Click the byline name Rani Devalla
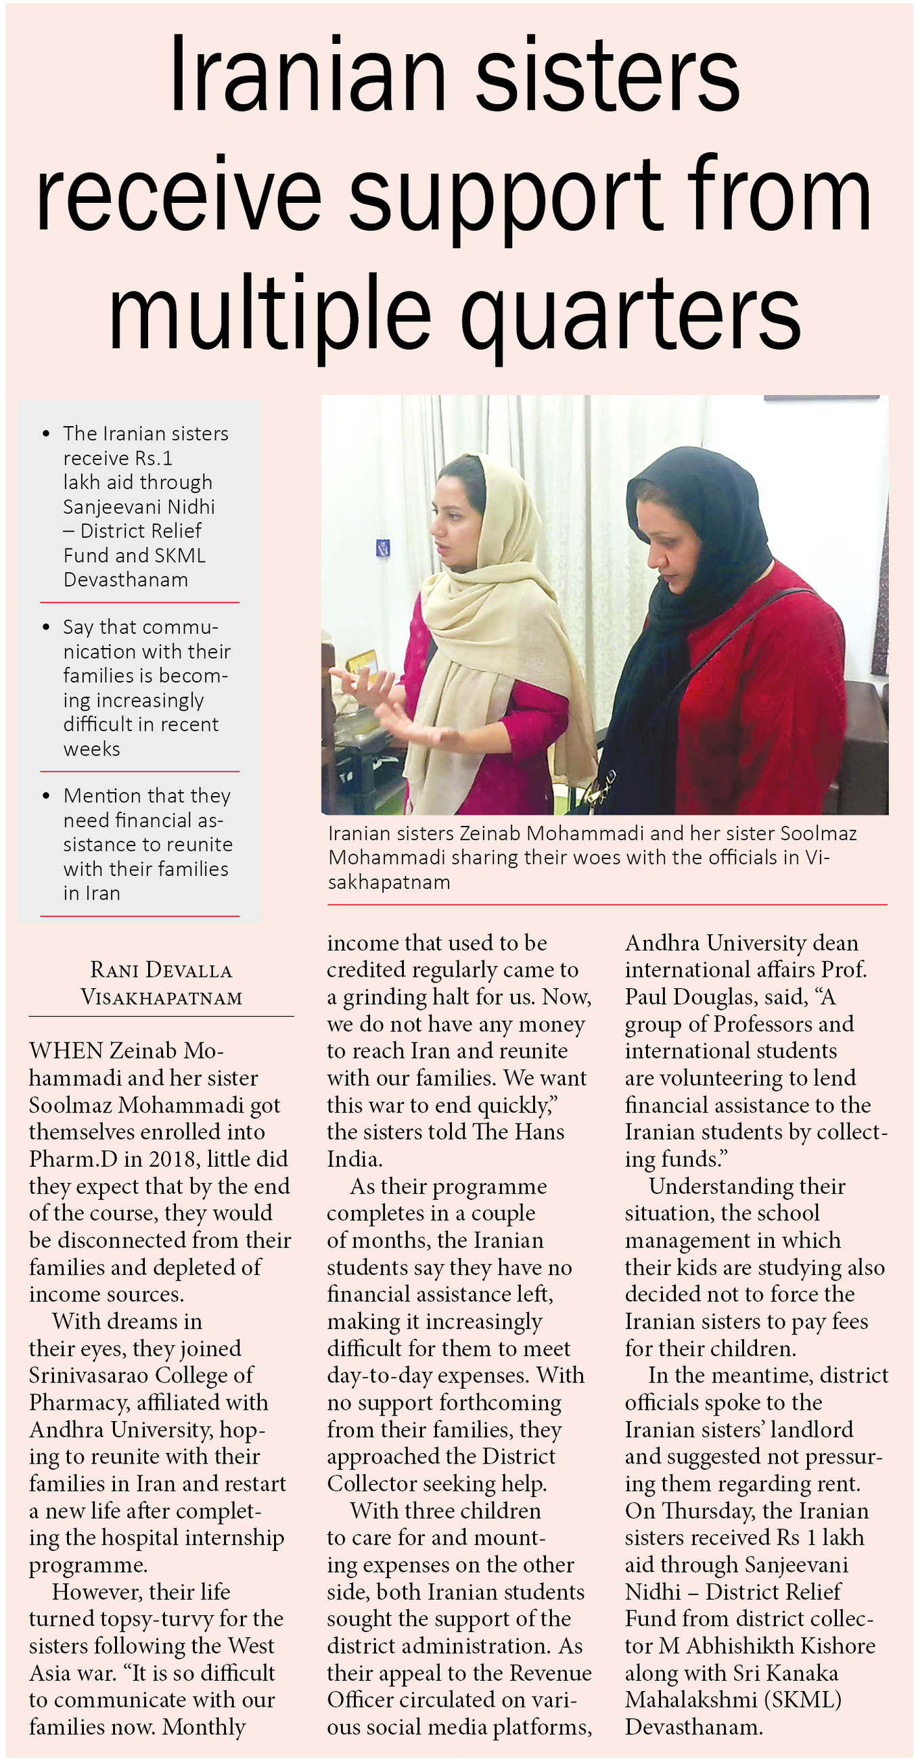(161, 969)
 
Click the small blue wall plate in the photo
(383, 547)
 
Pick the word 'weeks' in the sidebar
(91, 749)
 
